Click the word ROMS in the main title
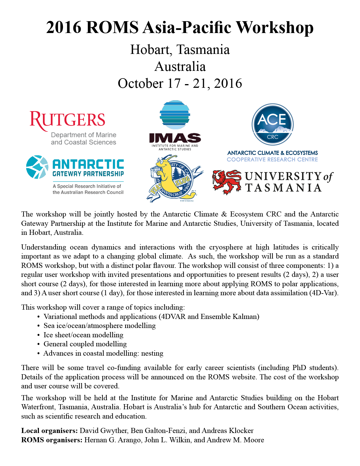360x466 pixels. (112, 28)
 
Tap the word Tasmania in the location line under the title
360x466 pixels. (203, 50)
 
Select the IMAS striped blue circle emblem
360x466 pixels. (175, 115)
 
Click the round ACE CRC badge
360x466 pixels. (272, 124)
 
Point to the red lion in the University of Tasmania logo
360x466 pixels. (227, 181)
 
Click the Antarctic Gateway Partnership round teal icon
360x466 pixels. (37, 167)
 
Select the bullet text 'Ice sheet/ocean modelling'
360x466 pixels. (83, 335)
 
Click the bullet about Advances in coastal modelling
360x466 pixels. (103, 353)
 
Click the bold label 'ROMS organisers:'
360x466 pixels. (52, 440)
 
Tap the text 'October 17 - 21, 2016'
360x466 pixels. (180, 84)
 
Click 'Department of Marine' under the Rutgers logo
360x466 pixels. (84, 135)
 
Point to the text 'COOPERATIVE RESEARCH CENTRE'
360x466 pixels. (272, 160)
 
